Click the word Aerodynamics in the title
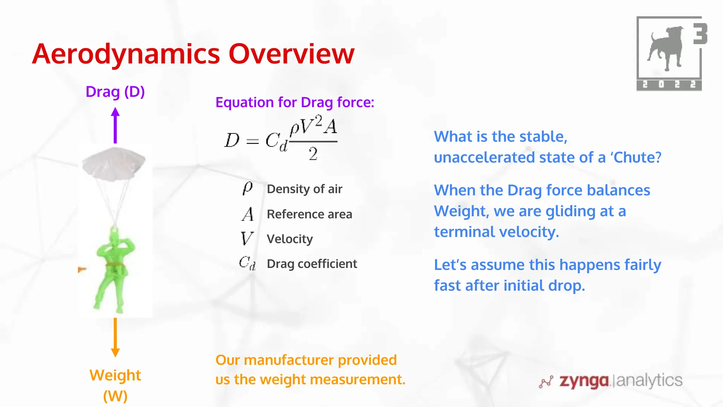coord(126,54)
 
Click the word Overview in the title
coord(291,54)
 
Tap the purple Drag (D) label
coord(115,92)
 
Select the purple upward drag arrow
coord(115,125)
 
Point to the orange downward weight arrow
coord(115,337)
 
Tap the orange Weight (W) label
coord(115,385)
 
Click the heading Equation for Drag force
coord(295,102)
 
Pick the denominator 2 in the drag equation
coord(313,154)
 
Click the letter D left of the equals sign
coord(232,141)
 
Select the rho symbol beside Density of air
coord(247,188)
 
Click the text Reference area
coord(309,214)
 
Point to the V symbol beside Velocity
coord(247,238)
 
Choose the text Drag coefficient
coord(312,264)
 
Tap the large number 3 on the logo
coord(700,34)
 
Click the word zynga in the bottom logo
coord(584,381)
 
